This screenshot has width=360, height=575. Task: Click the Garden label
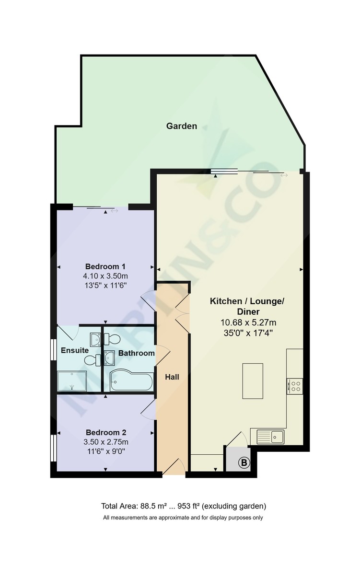pyautogui.click(x=182, y=126)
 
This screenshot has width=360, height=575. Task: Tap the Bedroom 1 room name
pyautogui.click(x=105, y=266)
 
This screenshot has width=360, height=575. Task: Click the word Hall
pyautogui.click(x=172, y=377)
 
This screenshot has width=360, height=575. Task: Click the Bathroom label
pyautogui.click(x=137, y=353)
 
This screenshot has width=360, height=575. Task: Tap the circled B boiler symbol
pyautogui.click(x=244, y=463)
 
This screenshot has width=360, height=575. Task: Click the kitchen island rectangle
pyautogui.click(x=253, y=381)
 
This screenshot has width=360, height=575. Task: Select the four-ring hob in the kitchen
pyautogui.click(x=294, y=386)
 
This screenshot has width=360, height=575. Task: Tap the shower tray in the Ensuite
pyautogui.click(x=72, y=381)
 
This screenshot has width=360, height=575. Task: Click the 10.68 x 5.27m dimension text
pyautogui.click(x=247, y=322)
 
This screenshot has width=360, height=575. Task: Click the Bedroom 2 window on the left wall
pyautogui.click(x=54, y=448)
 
